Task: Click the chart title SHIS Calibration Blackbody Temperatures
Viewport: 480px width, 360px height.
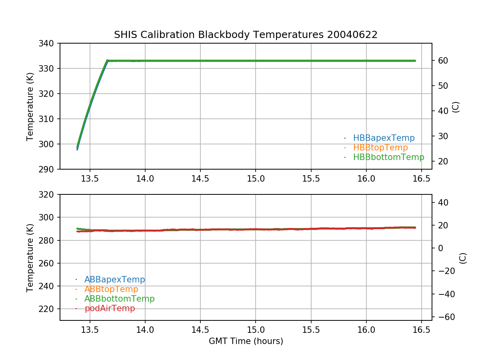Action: pos(246,35)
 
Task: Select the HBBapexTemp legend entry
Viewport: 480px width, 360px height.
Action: pos(384,138)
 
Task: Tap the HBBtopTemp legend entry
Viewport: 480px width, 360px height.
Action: pos(380,148)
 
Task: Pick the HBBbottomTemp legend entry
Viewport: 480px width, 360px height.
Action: pos(388,157)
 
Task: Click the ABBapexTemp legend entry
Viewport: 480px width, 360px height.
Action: pos(114,280)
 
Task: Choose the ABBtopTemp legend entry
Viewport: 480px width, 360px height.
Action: pos(111,289)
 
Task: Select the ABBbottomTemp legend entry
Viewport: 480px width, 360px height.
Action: pos(119,299)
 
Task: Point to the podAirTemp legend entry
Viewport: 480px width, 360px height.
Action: pos(110,308)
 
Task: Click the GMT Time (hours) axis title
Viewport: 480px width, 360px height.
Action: pos(246,341)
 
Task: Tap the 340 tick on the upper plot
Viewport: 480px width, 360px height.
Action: pos(49,43)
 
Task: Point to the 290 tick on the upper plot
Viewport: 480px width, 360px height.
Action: pos(49,169)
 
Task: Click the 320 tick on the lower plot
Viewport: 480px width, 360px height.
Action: pos(49,195)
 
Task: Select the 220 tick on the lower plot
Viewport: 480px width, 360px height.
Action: pos(49,309)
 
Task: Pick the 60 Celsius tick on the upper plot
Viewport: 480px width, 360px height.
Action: pos(442,61)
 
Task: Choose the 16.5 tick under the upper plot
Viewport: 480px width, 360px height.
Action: pos(422,179)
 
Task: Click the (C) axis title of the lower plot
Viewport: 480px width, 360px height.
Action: pos(463,258)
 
